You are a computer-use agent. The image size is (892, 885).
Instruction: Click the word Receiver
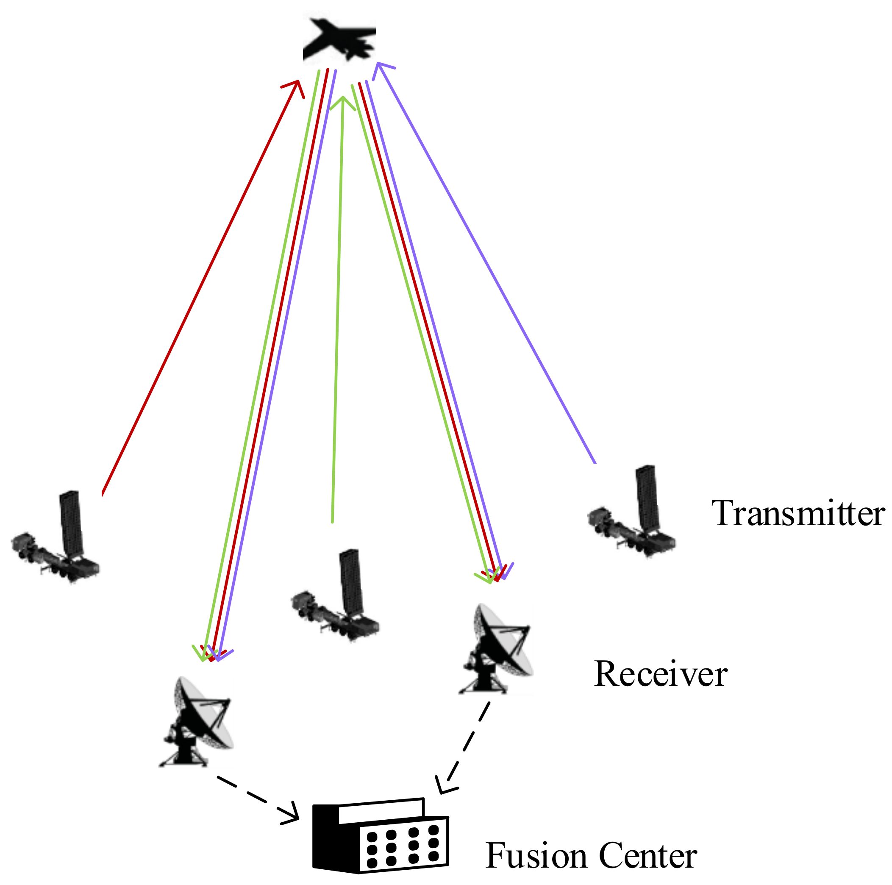coord(660,675)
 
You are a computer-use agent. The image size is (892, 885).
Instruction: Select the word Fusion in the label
coord(535,856)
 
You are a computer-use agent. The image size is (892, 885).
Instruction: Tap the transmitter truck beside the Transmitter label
coord(633,518)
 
